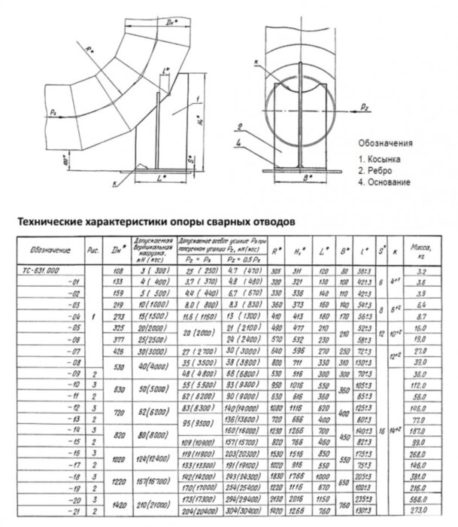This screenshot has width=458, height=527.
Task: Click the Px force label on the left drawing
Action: point(53,111)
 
